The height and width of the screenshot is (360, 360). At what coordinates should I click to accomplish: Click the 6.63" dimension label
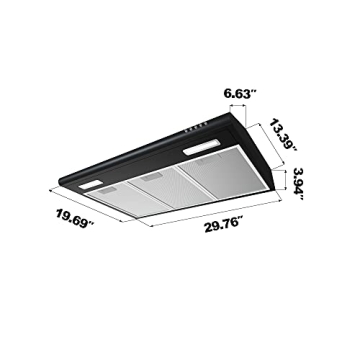tap(241, 93)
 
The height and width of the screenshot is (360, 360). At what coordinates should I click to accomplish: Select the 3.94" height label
tap(305, 186)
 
